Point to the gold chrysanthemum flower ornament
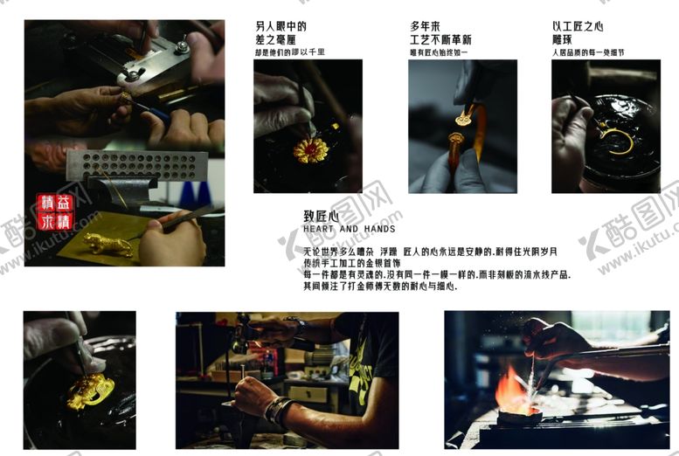(x=310, y=149)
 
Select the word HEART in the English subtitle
(x=318, y=230)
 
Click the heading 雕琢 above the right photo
(x=565, y=40)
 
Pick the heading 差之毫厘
(x=281, y=40)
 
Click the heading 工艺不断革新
(x=440, y=40)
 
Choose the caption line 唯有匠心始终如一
(x=440, y=52)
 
